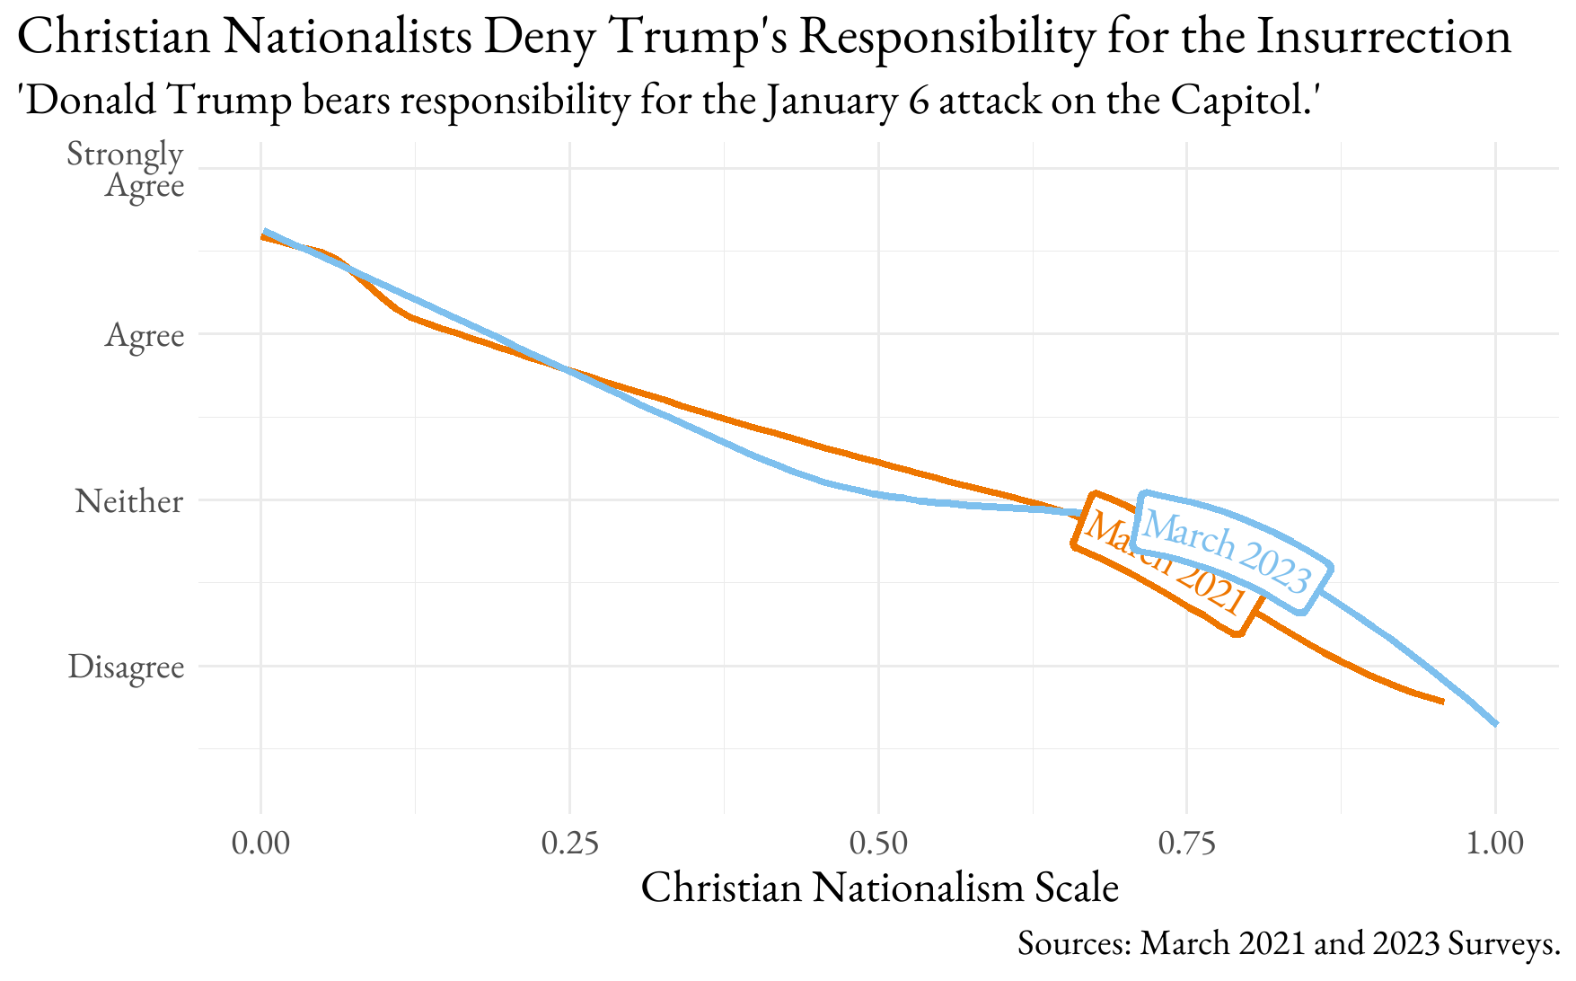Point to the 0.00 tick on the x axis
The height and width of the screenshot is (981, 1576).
click(260, 844)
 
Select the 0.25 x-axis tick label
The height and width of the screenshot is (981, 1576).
click(569, 844)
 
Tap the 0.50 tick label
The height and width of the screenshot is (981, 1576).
click(878, 844)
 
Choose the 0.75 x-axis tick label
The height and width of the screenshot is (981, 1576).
click(1187, 844)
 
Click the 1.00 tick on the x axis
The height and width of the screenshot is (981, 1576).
click(1495, 844)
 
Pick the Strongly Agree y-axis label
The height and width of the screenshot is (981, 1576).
click(126, 169)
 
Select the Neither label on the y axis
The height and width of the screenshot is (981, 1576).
click(129, 500)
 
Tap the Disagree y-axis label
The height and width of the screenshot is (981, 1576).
click(126, 667)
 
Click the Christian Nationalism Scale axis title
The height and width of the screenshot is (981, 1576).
click(879, 888)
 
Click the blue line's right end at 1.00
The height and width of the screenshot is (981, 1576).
click(1495, 723)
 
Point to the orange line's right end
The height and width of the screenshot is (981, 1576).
click(1442, 702)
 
